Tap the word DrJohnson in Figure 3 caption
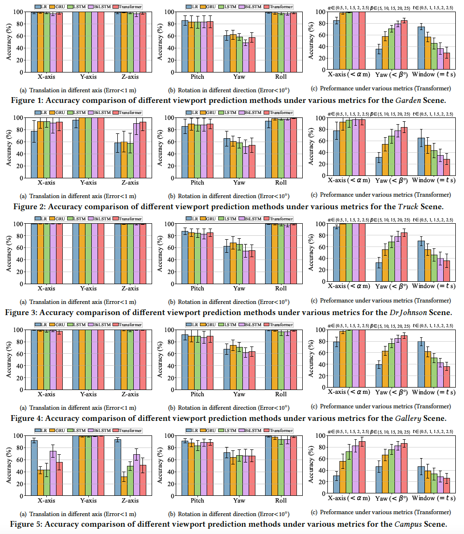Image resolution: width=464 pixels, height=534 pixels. (x=408, y=312)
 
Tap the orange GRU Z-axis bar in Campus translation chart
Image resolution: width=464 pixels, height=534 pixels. (x=124, y=486)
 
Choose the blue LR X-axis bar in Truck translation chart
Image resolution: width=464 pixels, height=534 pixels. (x=34, y=155)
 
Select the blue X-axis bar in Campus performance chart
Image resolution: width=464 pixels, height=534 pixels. (x=336, y=485)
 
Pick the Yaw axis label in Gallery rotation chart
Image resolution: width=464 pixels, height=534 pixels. (x=239, y=394)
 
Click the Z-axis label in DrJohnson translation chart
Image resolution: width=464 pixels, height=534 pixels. (x=130, y=289)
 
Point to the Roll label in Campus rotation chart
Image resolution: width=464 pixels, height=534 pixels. (x=281, y=500)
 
